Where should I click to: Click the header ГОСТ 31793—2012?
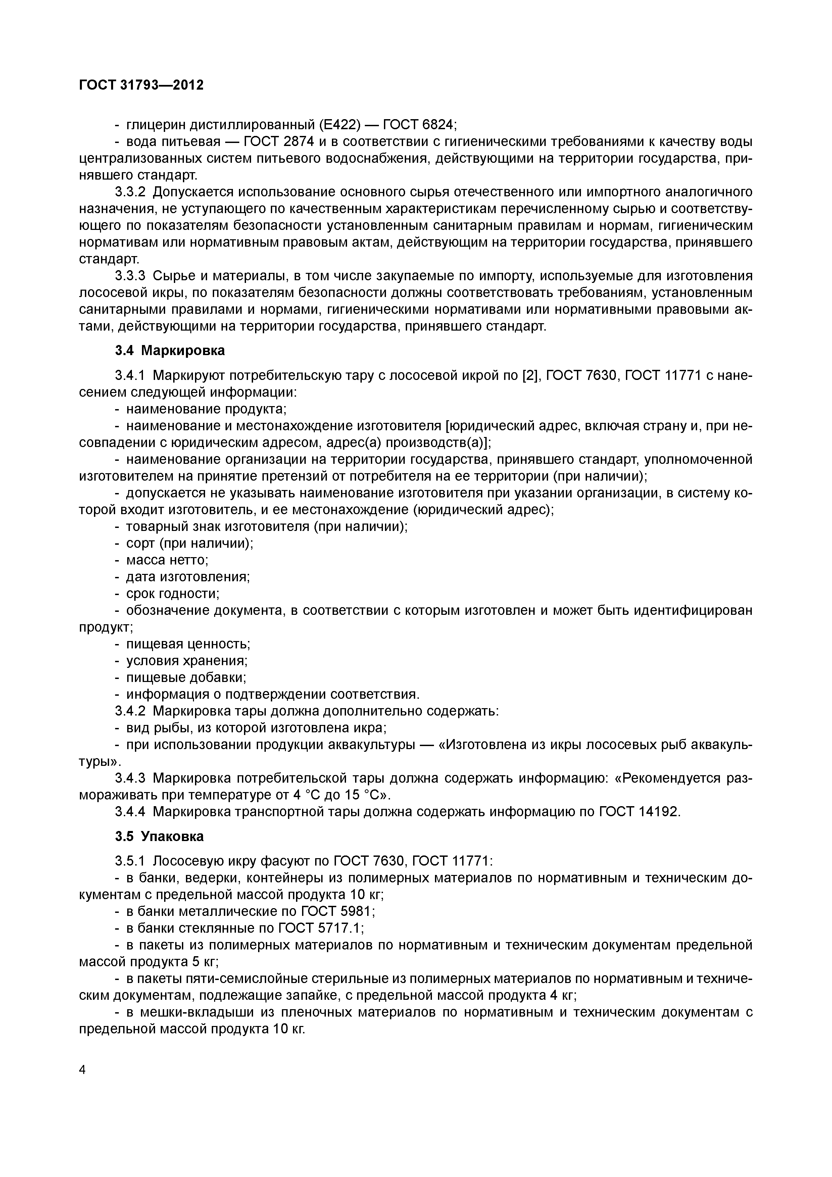click(x=142, y=85)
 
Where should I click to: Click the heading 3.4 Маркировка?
click(x=170, y=351)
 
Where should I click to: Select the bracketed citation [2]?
click(x=530, y=376)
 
